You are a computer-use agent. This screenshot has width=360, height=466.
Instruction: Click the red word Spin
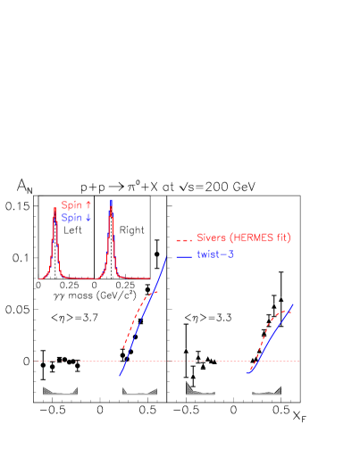(x=71, y=205)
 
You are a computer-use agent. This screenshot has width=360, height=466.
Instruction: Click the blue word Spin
(x=71, y=217)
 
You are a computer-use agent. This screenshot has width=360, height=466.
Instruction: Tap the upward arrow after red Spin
(x=88, y=205)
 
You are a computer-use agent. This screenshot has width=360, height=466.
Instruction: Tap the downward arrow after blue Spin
(x=88, y=217)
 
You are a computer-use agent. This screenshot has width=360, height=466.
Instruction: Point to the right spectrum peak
(x=111, y=207)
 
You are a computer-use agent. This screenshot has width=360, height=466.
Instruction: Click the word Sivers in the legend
(x=211, y=238)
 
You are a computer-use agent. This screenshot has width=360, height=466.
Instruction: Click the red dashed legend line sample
(x=184, y=239)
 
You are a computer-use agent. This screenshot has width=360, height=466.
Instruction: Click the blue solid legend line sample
(x=184, y=256)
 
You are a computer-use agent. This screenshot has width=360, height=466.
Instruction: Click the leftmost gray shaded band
(x=60, y=391)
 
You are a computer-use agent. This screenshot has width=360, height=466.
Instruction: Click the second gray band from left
(x=139, y=392)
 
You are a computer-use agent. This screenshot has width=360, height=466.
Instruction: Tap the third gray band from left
(x=200, y=389)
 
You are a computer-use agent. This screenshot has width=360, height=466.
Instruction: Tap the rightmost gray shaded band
(x=267, y=392)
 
